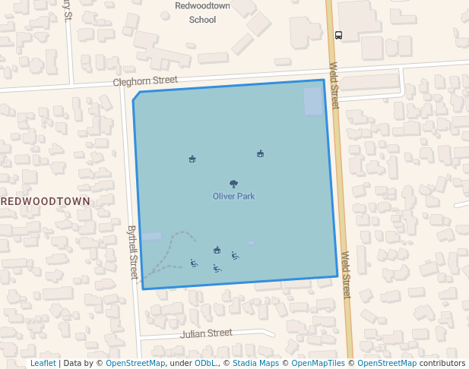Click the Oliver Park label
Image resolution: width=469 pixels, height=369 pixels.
pyautogui.click(x=233, y=196)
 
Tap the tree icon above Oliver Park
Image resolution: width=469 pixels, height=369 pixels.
pyautogui.click(x=233, y=183)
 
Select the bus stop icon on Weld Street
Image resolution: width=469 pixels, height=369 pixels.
pyautogui.click(x=338, y=34)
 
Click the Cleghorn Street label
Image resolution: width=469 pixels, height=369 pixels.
pyautogui.click(x=145, y=80)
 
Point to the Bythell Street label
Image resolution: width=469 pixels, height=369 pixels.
pyautogui.click(x=133, y=251)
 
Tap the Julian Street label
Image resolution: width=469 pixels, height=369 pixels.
pyautogui.click(x=206, y=333)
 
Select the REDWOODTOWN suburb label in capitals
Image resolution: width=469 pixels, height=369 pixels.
pyautogui.click(x=46, y=201)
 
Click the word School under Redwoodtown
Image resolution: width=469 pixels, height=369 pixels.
pyautogui.click(x=203, y=20)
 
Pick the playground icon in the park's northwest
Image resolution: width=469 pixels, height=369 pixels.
pyautogui.click(x=192, y=159)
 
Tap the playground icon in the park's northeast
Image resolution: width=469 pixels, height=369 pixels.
pyautogui.click(x=260, y=154)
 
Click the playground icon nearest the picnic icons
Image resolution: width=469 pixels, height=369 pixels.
pyautogui.click(x=217, y=250)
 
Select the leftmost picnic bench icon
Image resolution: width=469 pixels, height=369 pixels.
pyautogui.click(x=194, y=263)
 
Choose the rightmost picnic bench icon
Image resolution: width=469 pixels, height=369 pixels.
pyautogui.click(x=235, y=256)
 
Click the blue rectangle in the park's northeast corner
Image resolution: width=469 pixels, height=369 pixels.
pyautogui.click(x=313, y=101)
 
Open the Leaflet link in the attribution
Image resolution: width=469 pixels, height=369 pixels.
pyautogui.click(x=43, y=364)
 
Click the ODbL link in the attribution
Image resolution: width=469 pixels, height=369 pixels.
pyautogui.click(x=205, y=364)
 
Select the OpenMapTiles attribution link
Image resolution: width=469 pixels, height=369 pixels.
pyautogui.click(x=318, y=364)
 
